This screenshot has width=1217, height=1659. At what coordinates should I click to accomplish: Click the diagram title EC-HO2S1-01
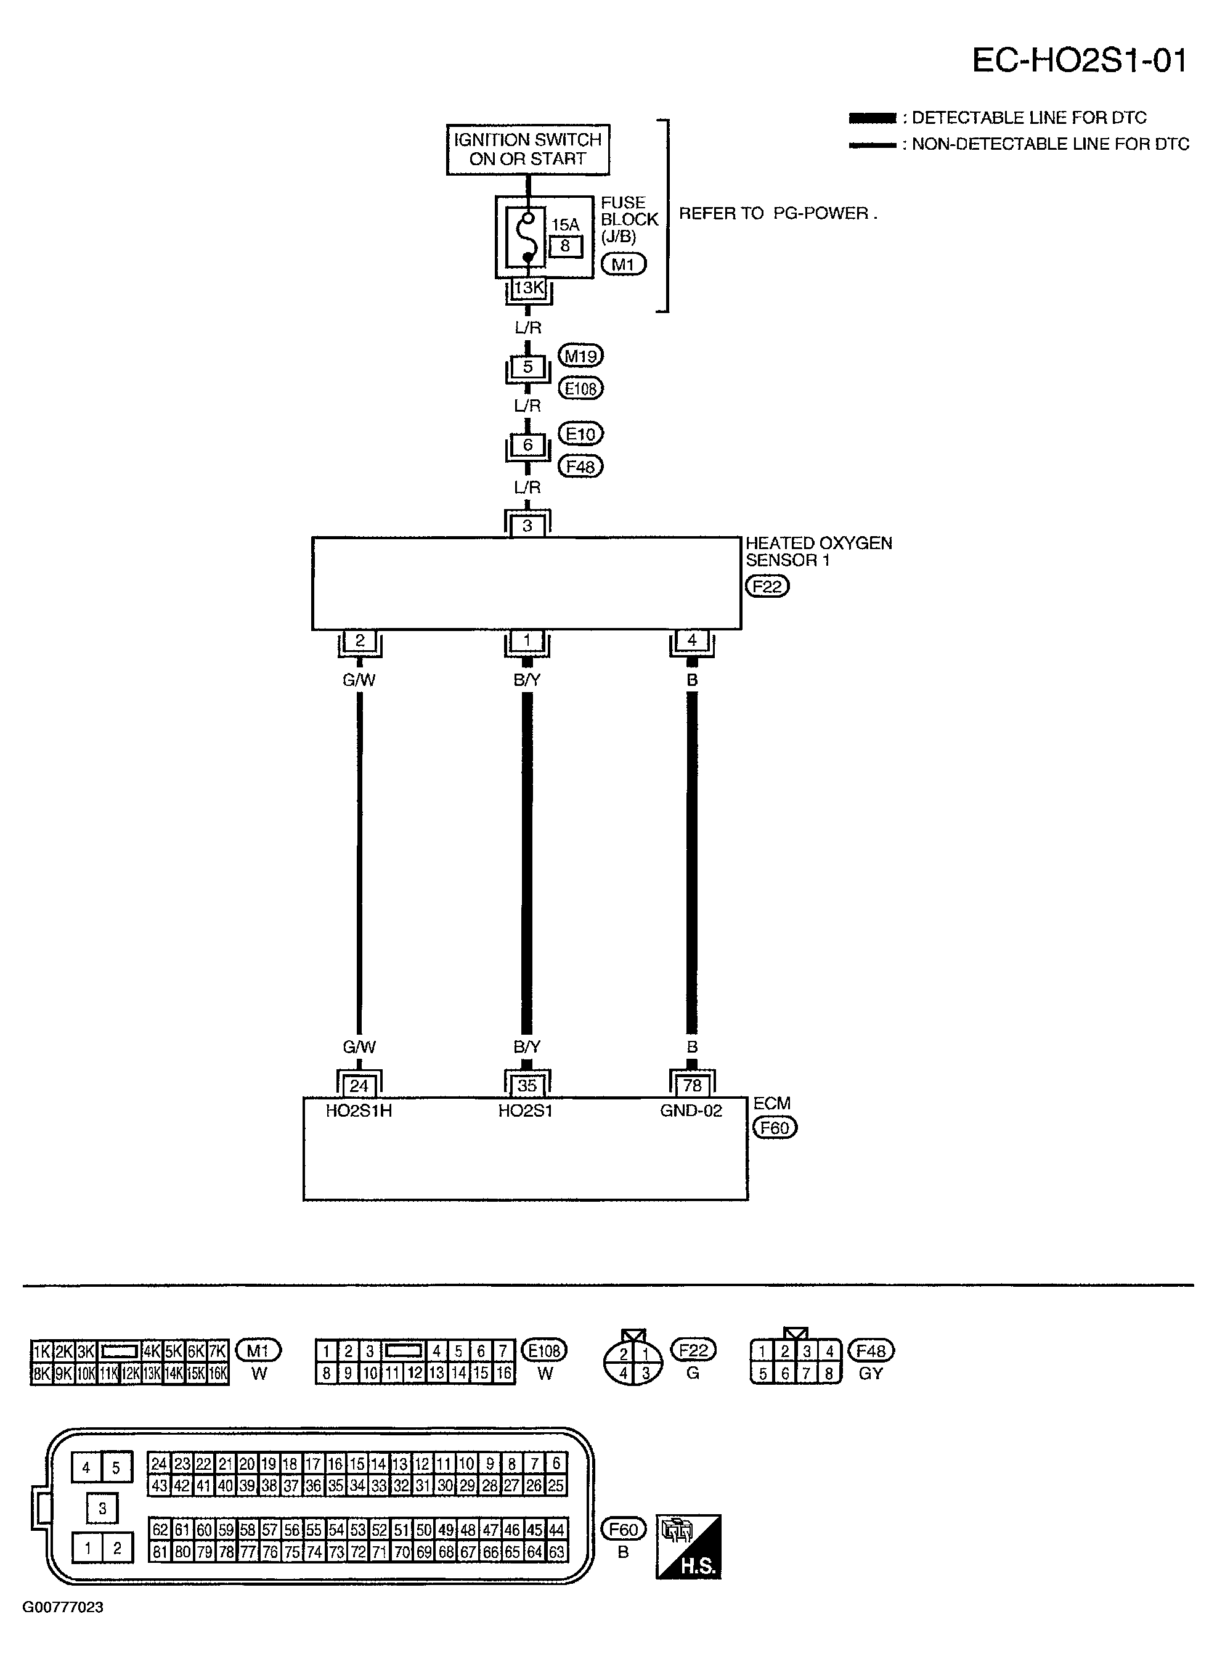pyautogui.click(x=1078, y=60)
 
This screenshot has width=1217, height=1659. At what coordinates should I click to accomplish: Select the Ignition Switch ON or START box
pyautogui.click(x=527, y=150)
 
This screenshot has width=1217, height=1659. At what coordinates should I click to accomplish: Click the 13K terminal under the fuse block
pyautogui.click(x=528, y=288)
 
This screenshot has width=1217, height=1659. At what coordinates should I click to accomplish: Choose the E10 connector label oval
pyautogui.click(x=580, y=434)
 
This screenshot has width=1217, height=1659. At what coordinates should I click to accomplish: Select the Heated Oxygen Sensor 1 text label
pyautogui.click(x=818, y=551)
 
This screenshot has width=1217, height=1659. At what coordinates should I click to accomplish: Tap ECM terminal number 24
pyautogui.click(x=359, y=1086)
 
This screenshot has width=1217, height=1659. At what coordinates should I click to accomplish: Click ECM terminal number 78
pyautogui.click(x=692, y=1086)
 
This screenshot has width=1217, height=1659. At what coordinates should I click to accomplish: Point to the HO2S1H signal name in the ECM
pyautogui.click(x=359, y=1111)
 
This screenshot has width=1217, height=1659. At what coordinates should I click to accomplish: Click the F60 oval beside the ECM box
pyautogui.click(x=774, y=1128)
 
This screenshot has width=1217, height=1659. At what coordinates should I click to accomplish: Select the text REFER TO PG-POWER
pyautogui.click(x=777, y=214)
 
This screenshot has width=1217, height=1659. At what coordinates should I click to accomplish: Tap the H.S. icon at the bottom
pyautogui.click(x=688, y=1547)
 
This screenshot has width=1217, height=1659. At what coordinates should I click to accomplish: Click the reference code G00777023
pyautogui.click(x=63, y=1607)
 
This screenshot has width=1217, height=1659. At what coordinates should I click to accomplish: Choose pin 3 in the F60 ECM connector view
pyautogui.click(x=102, y=1509)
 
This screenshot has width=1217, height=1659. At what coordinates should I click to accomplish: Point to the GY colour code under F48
pyautogui.click(x=870, y=1373)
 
